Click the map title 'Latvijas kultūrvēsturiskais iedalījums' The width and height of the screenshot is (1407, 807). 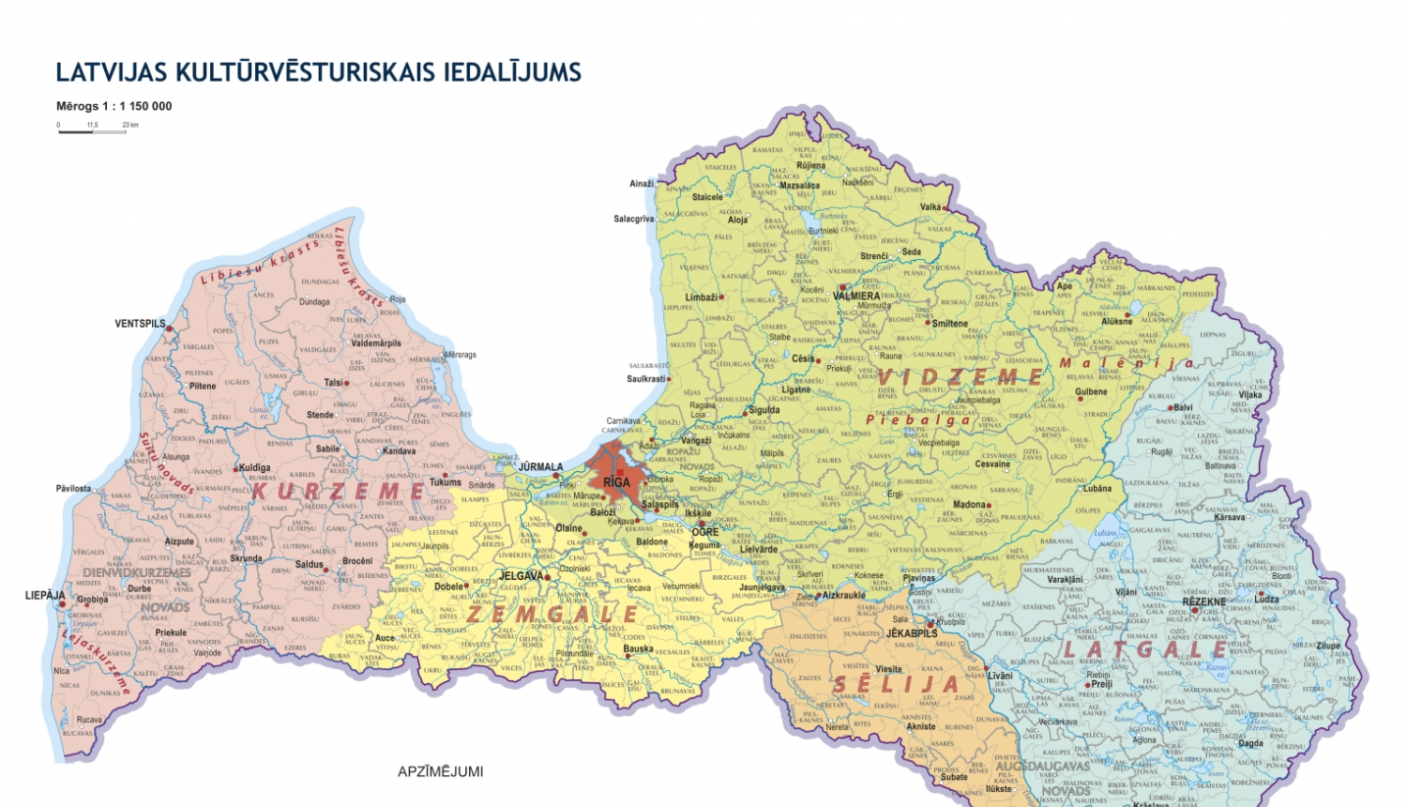coord(318,72)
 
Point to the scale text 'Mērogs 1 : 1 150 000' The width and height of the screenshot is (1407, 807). coord(113,106)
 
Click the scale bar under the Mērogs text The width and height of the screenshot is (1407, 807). coord(92,131)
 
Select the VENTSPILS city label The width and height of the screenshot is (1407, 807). coord(140,324)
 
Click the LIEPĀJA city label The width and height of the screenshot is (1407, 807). coord(45,596)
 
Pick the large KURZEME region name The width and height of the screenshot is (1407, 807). coord(339,491)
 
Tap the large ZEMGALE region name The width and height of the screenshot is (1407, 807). coord(552,615)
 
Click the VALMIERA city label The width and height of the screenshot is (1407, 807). coord(856,297)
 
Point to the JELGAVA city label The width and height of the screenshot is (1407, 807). coord(521,576)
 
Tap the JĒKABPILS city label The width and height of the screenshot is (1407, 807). coord(912,633)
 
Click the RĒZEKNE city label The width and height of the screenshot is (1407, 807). coord(1203,602)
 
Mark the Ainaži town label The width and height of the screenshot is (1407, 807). coord(642,184)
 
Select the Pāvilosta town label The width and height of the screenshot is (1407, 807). coord(73,489)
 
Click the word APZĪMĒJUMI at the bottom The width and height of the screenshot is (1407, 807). coord(440,771)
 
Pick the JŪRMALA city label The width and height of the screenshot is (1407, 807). coord(540,466)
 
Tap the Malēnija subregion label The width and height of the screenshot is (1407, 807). coord(1126,363)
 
